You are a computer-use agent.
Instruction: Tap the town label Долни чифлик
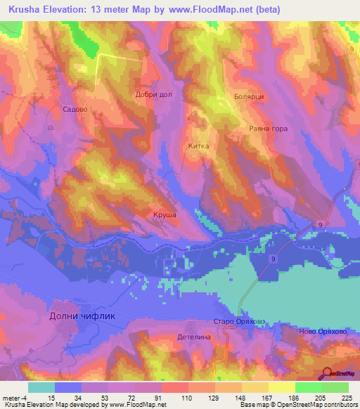click(82, 316)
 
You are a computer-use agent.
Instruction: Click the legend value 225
click(345, 397)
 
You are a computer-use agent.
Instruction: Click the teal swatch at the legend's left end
click(41, 387)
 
